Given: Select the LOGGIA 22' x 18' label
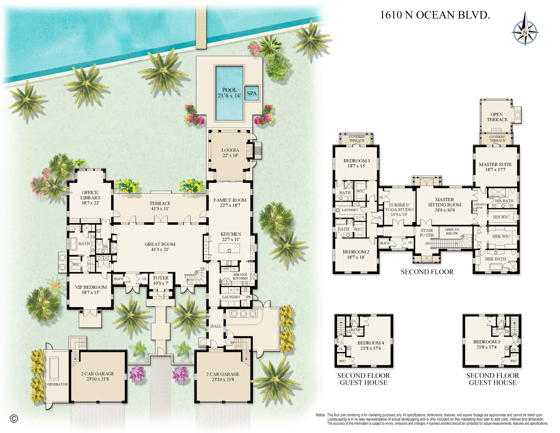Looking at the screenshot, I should pyautogui.click(x=230, y=153).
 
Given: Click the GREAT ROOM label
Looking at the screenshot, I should pyautogui.click(x=160, y=247).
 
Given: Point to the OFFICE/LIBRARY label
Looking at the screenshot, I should pyautogui.click(x=90, y=197).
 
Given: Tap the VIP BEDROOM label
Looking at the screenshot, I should pyautogui.click(x=91, y=290).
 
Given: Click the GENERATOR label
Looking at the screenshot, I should pyautogui.click(x=57, y=384).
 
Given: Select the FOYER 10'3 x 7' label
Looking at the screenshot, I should pyautogui.click(x=161, y=280).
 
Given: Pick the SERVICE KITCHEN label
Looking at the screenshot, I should pyautogui.click(x=240, y=276).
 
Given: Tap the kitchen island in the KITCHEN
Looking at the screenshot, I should pyautogui.click(x=229, y=248).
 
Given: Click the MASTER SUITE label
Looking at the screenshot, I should pyautogui.click(x=495, y=167).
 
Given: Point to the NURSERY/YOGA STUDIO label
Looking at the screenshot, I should pyautogui.click(x=399, y=210).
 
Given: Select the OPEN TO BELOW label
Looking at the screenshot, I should pyautogui.click(x=452, y=231).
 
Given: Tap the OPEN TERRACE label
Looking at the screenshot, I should pyautogui.click(x=497, y=117).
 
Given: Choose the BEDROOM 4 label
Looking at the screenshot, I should pyautogui.click(x=371, y=345).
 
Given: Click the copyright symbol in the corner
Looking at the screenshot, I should pyautogui.click(x=14, y=419).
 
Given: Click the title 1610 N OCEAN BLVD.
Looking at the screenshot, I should pyautogui.click(x=435, y=15).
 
